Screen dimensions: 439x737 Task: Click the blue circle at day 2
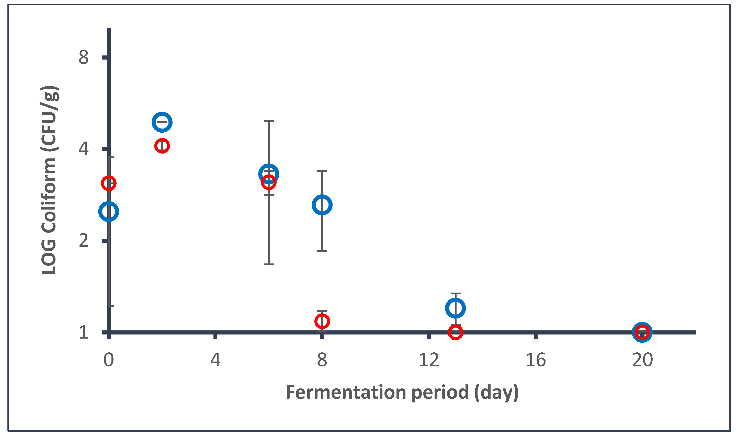tap(162, 122)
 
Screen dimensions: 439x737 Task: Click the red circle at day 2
tap(162, 146)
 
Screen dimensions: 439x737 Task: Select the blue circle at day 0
tap(109, 212)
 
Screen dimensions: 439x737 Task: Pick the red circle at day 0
tap(109, 183)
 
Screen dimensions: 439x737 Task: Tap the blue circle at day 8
tap(322, 205)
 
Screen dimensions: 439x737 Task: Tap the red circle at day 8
tap(322, 321)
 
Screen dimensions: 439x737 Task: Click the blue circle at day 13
tap(455, 308)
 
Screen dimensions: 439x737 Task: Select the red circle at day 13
tap(455, 332)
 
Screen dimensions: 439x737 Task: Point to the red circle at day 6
tap(269, 182)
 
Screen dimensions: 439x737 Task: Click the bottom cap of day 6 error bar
tap(269, 264)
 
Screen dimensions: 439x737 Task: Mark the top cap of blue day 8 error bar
tap(322, 171)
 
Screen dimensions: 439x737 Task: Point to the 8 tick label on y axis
tap(83, 57)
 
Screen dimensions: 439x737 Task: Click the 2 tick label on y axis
tap(83, 240)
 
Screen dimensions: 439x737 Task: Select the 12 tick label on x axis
tap(429, 360)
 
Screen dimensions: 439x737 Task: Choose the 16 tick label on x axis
tap(536, 360)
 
